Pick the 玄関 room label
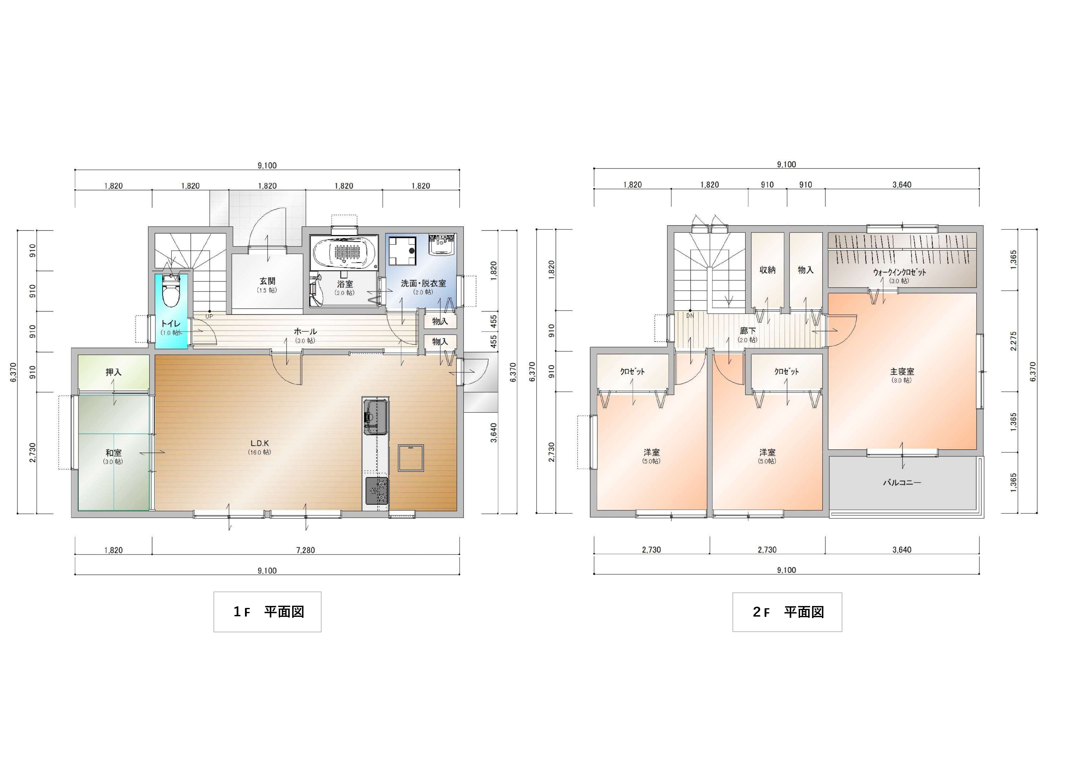(x=267, y=281)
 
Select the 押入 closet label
(x=113, y=372)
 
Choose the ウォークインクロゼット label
(x=899, y=272)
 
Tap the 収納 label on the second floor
(x=767, y=270)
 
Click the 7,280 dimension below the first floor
(x=306, y=550)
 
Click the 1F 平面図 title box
(x=267, y=612)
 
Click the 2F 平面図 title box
(x=787, y=612)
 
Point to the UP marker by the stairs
(x=209, y=316)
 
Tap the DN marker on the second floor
(x=690, y=316)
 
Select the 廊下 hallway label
(x=748, y=331)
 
